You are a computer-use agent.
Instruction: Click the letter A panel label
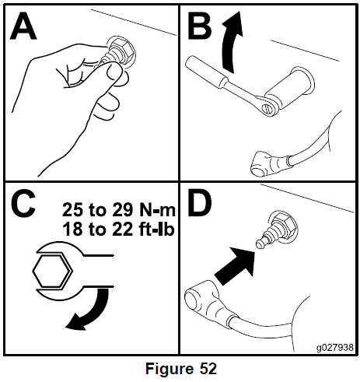click(23, 26)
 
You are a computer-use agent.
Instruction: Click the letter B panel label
click(200, 25)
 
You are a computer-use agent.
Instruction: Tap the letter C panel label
click(23, 205)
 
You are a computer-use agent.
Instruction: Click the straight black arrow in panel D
click(236, 265)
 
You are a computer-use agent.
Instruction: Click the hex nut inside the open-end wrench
click(51, 271)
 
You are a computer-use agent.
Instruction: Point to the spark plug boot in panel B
click(270, 164)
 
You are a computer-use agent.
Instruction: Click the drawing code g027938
click(334, 347)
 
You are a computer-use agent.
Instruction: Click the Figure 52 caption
click(180, 368)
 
